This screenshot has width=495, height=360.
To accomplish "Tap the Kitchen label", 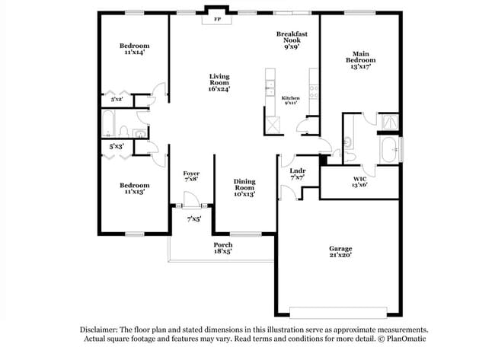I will (291, 98).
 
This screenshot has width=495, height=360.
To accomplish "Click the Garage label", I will (340, 249).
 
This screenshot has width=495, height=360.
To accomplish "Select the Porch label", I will (222, 244).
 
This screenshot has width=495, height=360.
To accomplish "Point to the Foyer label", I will (191, 174).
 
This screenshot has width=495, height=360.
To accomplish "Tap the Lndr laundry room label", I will (298, 171).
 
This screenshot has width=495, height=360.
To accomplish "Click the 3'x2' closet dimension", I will (117, 99).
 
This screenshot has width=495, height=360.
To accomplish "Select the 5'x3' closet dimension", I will (117, 145).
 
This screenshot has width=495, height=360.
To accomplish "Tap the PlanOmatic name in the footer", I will (401, 340).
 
